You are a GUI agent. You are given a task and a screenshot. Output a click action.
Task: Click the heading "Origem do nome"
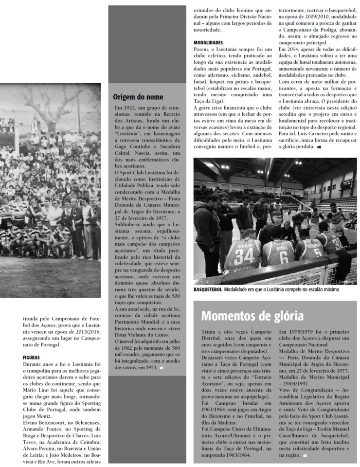point(138,97)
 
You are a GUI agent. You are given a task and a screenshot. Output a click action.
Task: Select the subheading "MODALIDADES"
point(208,43)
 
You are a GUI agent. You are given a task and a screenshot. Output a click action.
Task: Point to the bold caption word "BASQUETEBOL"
point(208,290)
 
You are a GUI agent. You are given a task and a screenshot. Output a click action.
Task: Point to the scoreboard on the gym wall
point(347,183)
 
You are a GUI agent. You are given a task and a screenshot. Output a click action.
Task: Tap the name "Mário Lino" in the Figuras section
point(36,390)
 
